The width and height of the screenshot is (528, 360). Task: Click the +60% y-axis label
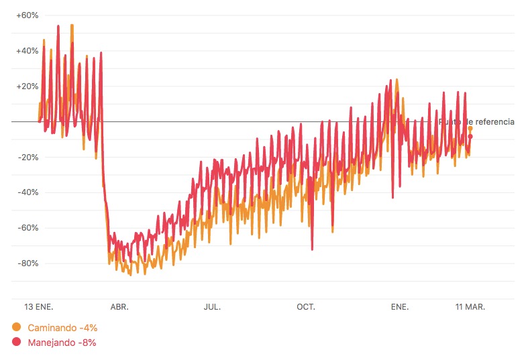click(28, 15)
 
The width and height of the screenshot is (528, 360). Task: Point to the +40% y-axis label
click(28, 50)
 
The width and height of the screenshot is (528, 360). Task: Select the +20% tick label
click(28, 86)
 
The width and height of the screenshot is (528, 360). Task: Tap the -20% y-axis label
click(28, 157)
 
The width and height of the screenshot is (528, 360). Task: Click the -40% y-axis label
click(28, 192)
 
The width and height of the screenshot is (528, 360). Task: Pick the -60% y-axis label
click(28, 228)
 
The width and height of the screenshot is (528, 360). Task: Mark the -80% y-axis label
click(28, 263)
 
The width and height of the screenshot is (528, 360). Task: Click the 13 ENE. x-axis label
click(39, 307)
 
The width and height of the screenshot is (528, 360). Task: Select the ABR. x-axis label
click(119, 307)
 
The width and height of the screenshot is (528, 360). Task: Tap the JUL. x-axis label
click(212, 307)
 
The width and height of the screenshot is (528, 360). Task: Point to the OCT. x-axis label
click(306, 307)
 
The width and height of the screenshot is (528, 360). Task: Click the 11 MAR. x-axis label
click(470, 307)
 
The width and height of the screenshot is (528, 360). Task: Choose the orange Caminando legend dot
click(17, 327)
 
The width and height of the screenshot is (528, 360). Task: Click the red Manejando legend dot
click(17, 343)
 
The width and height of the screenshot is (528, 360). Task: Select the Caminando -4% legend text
click(62, 328)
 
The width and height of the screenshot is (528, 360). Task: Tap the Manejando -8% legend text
click(62, 343)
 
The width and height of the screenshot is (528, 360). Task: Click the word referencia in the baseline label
click(492, 122)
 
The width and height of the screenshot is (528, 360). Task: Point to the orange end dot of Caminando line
click(470, 128)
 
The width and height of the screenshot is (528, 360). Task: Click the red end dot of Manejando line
click(470, 137)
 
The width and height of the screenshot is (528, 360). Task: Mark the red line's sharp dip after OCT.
click(312, 249)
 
